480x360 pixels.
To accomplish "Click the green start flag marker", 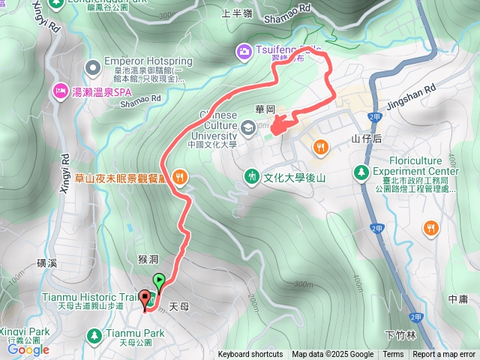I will click(159, 282).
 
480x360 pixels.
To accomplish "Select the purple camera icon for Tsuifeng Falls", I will click(244, 51).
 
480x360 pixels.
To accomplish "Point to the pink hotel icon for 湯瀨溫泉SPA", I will click(58, 91).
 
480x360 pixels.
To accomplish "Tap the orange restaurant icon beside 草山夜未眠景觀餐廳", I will click(178, 178).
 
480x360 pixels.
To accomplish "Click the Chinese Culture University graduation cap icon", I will click(249, 127).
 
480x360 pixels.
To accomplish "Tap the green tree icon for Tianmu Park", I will click(94, 334).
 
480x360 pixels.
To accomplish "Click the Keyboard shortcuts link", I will click(250, 355).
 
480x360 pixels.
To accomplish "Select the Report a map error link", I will click(444, 355).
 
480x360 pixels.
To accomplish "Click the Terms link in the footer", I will click(393, 355).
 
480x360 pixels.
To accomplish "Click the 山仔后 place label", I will click(366, 139).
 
